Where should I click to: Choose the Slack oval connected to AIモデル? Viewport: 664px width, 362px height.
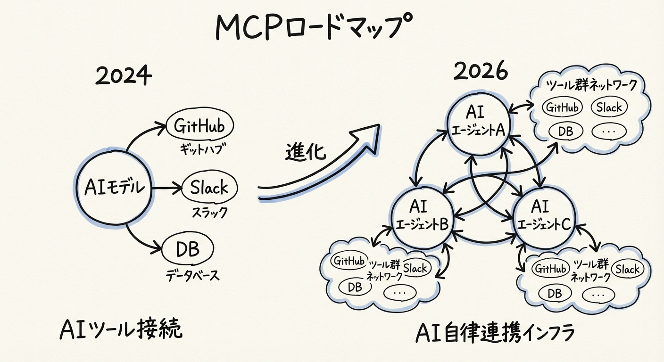pyautogui.click(x=209, y=188)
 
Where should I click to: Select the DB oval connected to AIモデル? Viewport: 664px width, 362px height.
pyautogui.click(x=188, y=249)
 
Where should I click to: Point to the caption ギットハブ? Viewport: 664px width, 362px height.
pyautogui.click(x=200, y=150)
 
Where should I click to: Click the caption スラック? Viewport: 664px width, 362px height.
pyautogui.click(x=209, y=212)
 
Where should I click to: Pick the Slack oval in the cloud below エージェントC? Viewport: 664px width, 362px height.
pyautogui.click(x=627, y=269)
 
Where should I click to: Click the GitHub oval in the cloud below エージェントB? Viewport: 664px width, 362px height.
pyautogui.click(x=349, y=261)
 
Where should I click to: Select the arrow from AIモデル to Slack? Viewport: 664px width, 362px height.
pyautogui.click(x=166, y=189)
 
